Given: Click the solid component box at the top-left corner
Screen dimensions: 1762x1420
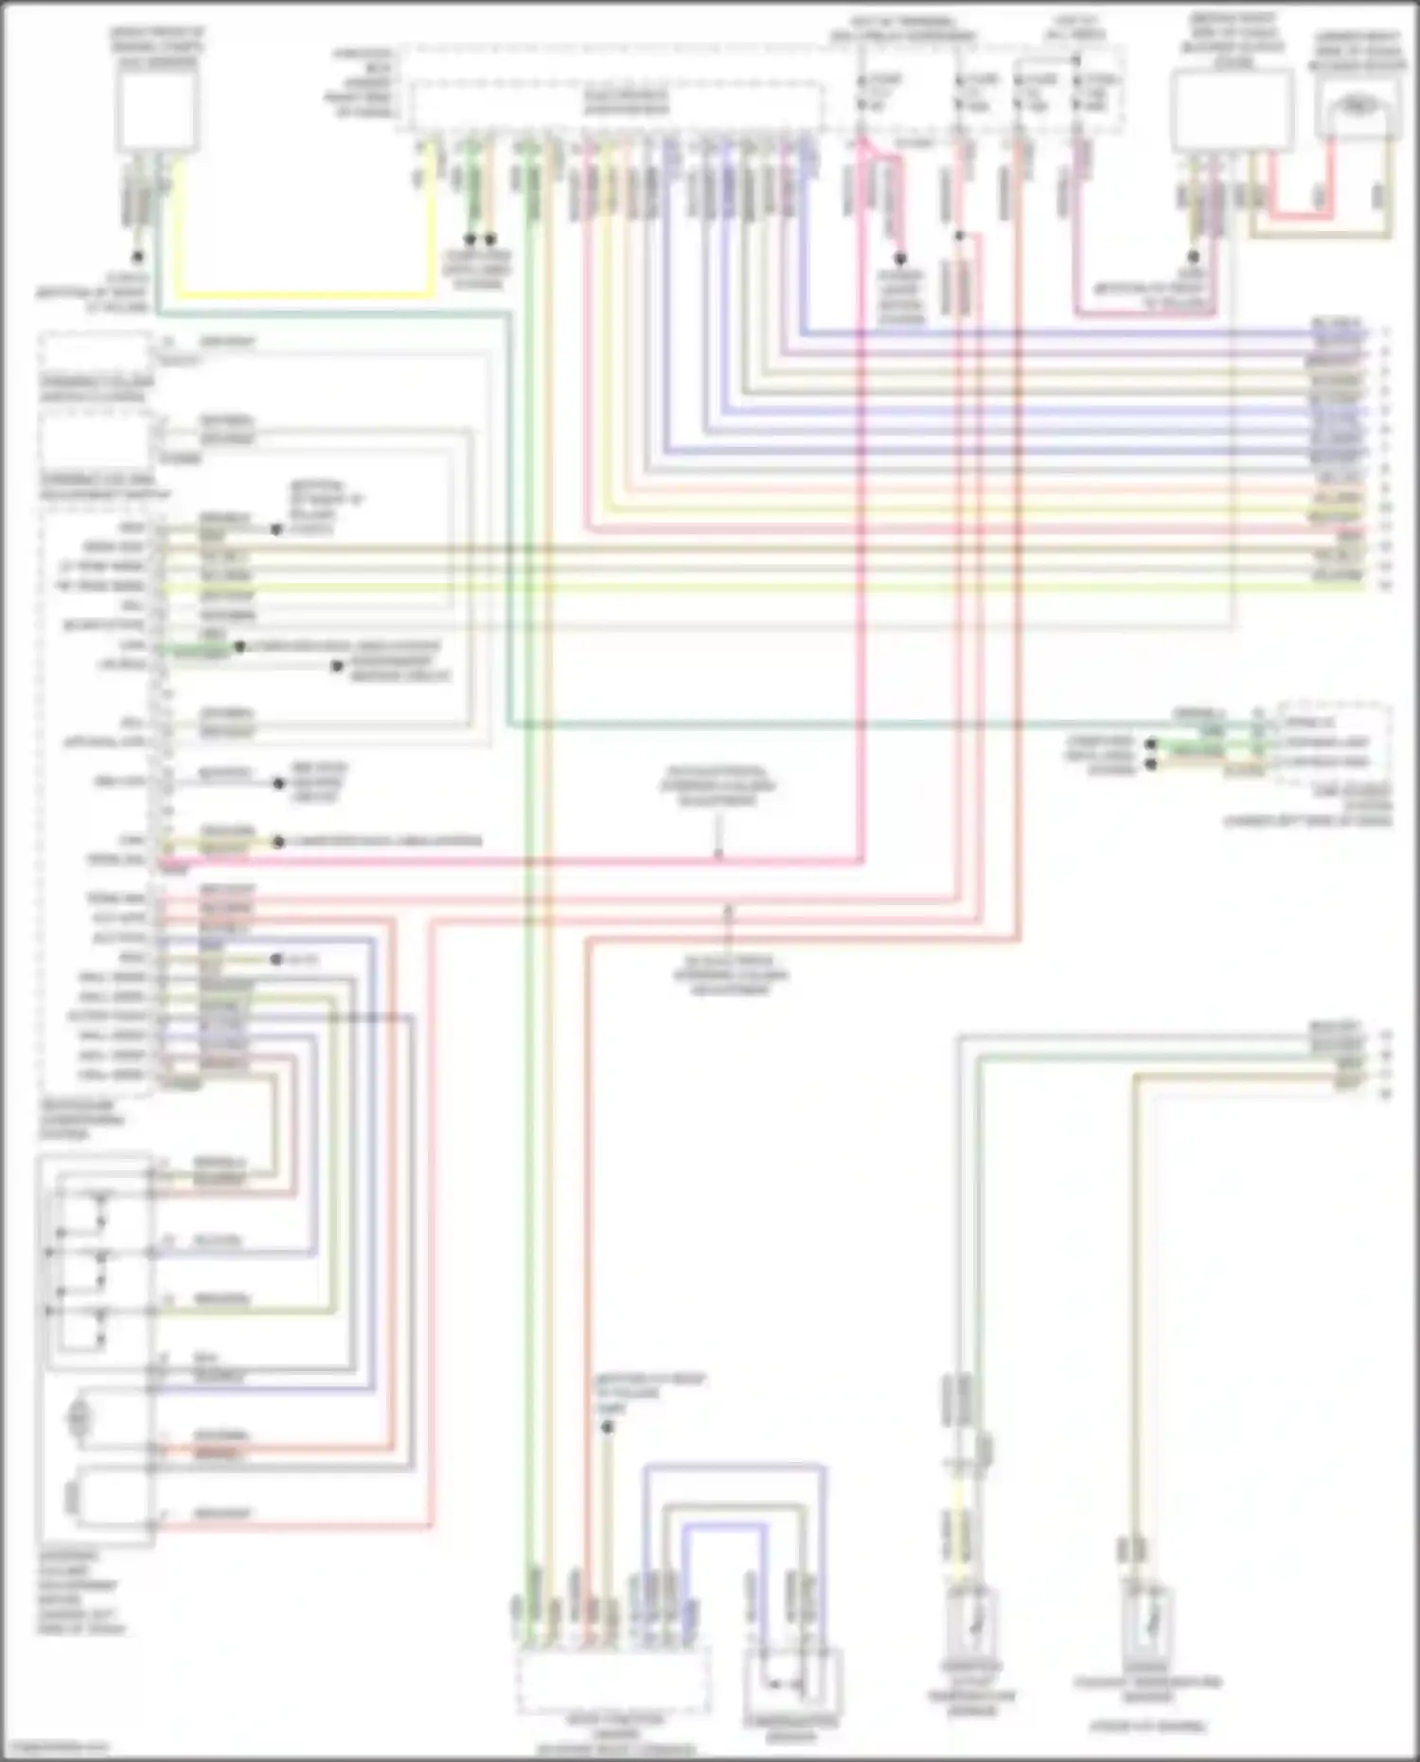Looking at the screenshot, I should coord(157,110).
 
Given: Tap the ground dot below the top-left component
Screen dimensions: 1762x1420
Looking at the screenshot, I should coord(137,257).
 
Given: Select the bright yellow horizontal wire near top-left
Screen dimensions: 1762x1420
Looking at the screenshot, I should coord(303,294).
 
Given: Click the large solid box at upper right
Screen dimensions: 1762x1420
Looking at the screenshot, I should coord(1233,110).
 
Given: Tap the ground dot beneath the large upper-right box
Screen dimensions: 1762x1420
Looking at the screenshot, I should coord(1194,257).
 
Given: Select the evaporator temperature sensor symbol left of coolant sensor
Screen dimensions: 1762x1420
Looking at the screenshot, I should coord(972,1624).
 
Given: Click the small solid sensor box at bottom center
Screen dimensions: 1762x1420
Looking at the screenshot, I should coord(793,1681).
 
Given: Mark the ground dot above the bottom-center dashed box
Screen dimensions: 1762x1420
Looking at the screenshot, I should coord(608,1426).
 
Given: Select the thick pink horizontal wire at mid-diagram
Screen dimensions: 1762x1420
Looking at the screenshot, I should coord(511,863).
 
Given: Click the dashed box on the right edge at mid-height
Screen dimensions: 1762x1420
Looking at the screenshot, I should coord(1335,742).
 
